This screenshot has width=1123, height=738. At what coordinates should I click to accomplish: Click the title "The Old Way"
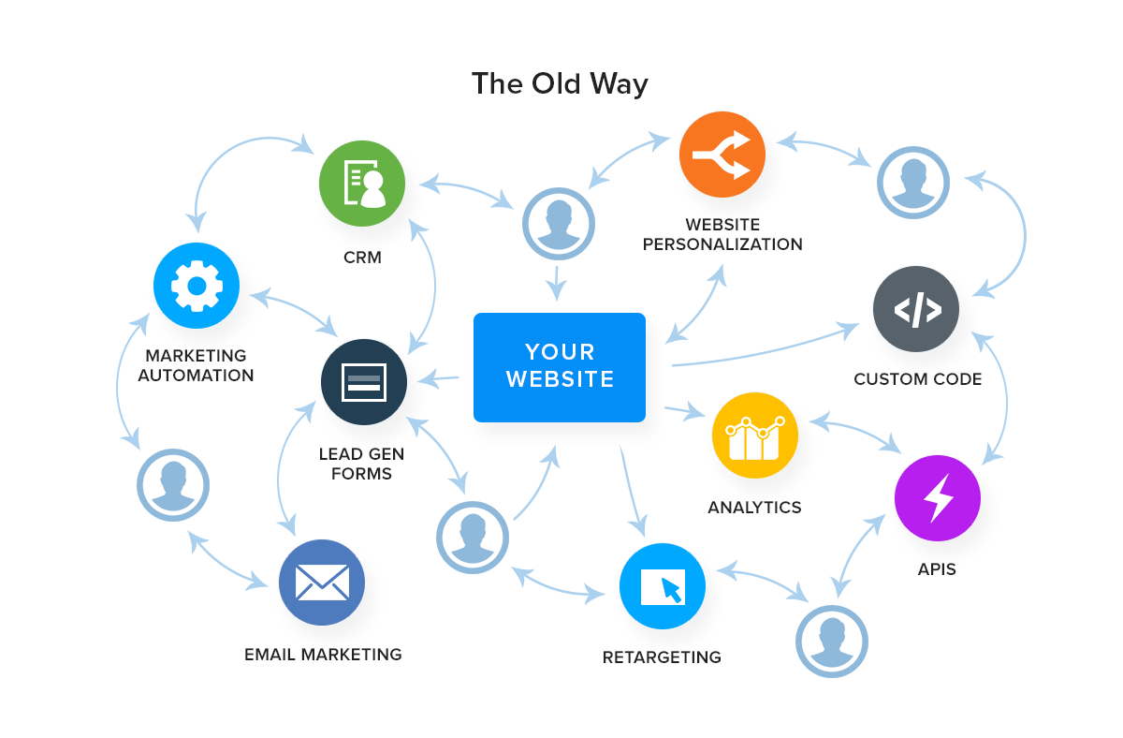[x=560, y=83]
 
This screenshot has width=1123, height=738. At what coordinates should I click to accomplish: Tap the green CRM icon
[x=362, y=184]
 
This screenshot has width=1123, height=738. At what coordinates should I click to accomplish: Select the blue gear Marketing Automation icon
[x=197, y=286]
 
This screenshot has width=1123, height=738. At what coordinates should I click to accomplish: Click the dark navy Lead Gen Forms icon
[x=363, y=382]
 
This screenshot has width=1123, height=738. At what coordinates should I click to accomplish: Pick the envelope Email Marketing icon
[x=322, y=583]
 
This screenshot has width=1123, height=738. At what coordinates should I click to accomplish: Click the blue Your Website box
[x=560, y=367]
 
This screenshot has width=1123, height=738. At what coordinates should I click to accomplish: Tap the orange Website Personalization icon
[x=722, y=155]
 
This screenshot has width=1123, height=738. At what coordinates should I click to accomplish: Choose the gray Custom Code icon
[x=916, y=309]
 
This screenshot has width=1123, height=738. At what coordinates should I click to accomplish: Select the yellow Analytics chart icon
[x=754, y=435]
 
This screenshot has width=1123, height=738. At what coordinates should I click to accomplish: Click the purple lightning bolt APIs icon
[x=937, y=498]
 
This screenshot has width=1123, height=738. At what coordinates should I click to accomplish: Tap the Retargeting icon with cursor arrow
[x=663, y=586]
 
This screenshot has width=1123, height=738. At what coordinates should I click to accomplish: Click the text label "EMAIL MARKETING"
[x=323, y=655]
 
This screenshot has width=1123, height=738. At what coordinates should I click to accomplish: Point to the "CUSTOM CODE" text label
[x=917, y=379]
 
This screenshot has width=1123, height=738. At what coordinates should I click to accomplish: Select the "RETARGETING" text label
[x=662, y=657]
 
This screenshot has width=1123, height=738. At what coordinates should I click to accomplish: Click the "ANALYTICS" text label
[x=754, y=508]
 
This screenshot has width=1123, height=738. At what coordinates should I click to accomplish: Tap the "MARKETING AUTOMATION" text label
[x=197, y=365]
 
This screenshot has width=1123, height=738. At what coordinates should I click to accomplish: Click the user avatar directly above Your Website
[x=559, y=224]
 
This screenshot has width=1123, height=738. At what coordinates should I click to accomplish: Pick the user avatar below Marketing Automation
[x=173, y=485]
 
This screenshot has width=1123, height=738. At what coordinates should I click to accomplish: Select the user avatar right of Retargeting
[x=832, y=642]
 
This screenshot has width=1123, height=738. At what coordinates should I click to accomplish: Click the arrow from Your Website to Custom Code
[x=767, y=352]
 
